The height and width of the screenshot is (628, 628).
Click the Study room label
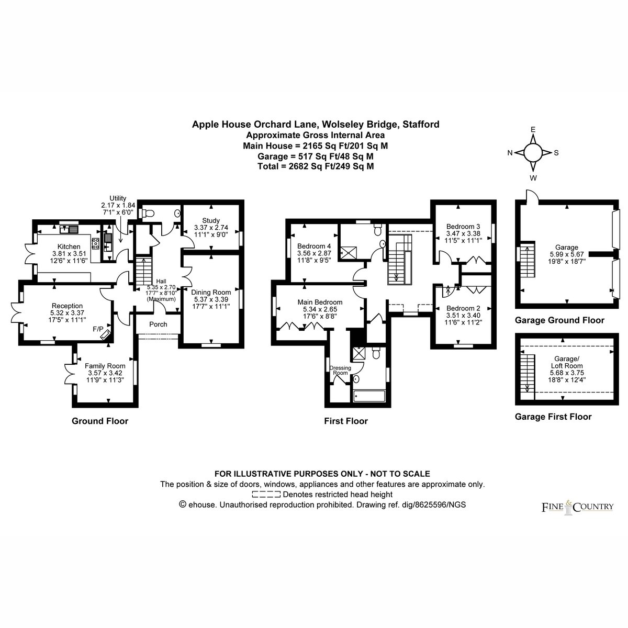pyautogui.click(x=211, y=220)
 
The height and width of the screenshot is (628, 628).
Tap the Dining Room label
pyautogui.click(x=211, y=293)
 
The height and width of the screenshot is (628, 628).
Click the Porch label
pyautogui.click(x=158, y=324)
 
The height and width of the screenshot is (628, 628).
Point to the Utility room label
pyautogui.click(x=118, y=198)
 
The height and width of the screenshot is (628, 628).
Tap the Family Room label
pyautogui.click(x=105, y=366)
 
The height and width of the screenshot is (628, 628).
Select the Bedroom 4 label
pyautogui.click(x=311, y=246)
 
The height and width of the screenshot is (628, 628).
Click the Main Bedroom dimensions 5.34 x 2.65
pyautogui.click(x=320, y=309)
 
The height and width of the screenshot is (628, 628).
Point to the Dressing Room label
pyautogui.click(x=340, y=370)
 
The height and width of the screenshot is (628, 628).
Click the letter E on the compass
pyautogui.click(x=533, y=129)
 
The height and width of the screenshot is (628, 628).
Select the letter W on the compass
pyautogui.click(x=533, y=178)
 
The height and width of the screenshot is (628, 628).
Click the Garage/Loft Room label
pyautogui.click(x=567, y=362)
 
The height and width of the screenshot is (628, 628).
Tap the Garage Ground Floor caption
pyautogui.click(x=559, y=320)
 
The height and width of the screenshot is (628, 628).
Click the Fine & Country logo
pyautogui.click(x=577, y=507)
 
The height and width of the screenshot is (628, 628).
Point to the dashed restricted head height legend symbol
pyautogui.click(x=266, y=495)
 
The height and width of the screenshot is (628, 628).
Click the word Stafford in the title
pyautogui.click(x=421, y=125)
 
